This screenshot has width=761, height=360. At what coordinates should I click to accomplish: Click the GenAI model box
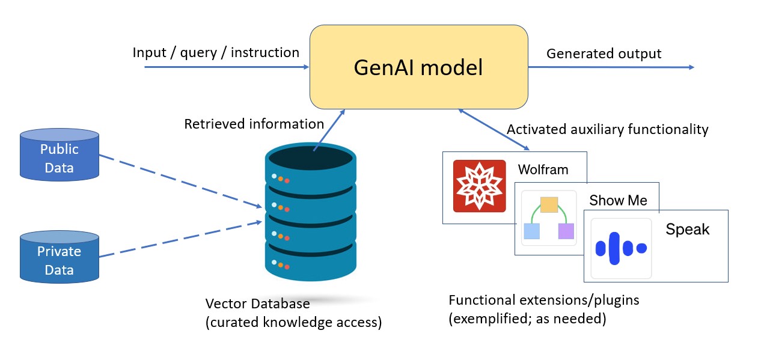(418, 67)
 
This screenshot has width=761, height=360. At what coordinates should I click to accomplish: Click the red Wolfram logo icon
(479, 186)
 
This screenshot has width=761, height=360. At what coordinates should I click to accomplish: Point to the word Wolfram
(543, 169)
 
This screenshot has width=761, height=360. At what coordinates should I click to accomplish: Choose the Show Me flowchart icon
(549, 218)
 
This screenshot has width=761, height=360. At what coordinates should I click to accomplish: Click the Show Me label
(618, 200)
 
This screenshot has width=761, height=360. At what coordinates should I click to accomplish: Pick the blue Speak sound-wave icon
(621, 248)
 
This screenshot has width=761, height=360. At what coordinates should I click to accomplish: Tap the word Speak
(687, 229)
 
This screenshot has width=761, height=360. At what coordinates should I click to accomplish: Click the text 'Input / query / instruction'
(216, 52)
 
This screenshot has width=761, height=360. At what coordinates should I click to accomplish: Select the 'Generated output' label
(604, 53)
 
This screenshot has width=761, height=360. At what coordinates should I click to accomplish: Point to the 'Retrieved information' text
(254, 124)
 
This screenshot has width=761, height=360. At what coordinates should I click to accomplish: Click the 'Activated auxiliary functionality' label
(607, 129)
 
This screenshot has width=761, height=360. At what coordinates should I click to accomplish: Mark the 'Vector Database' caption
(257, 304)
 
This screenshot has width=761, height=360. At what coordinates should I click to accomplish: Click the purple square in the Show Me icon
(566, 231)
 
